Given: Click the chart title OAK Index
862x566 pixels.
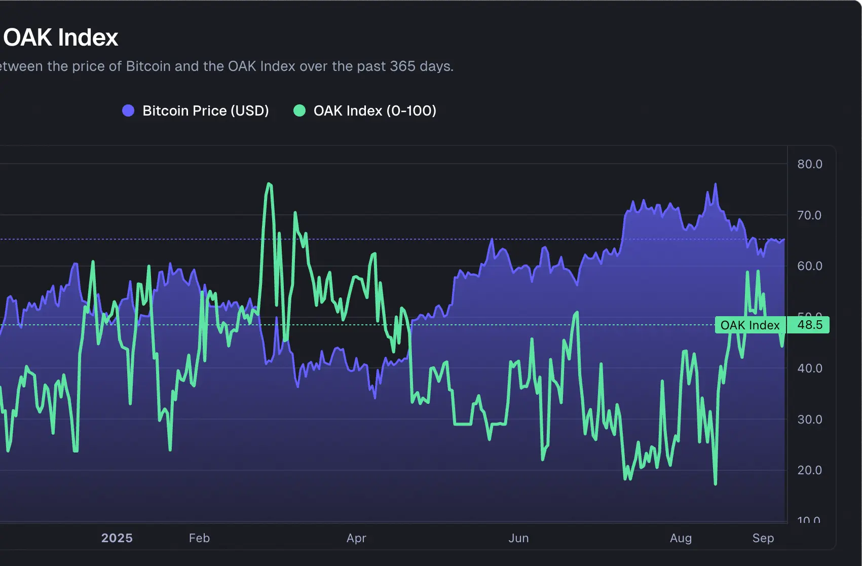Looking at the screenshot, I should click(61, 37).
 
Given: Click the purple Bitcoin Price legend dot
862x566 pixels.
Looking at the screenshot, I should click(128, 110).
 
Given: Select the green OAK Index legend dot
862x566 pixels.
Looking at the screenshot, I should click(299, 110).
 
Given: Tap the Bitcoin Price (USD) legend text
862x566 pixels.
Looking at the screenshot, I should click(205, 110).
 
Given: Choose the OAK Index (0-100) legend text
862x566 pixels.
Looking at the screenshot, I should click(374, 110).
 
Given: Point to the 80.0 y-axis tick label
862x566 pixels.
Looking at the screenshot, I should click(809, 164).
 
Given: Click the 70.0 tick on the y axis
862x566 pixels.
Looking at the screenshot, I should click(809, 215).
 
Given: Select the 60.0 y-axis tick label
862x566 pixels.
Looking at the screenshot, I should click(809, 266).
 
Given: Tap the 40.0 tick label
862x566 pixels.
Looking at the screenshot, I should click(809, 368).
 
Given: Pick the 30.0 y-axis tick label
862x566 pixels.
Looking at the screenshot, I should click(809, 420).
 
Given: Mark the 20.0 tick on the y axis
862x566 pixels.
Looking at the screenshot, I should click(809, 470).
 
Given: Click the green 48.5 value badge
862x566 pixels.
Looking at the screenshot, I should click(809, 325).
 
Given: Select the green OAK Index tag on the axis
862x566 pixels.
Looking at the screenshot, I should click(750, 325).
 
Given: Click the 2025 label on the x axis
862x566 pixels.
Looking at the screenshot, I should click(117, 538).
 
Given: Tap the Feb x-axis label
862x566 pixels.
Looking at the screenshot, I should click(199, 538).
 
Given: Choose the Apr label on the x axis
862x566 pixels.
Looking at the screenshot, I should click(356, 538).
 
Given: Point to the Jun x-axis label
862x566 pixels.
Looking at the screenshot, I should click(518, 538).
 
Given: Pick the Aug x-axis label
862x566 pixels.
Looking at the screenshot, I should click(681, 538).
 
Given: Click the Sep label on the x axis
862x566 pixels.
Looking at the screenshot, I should click(763, 538).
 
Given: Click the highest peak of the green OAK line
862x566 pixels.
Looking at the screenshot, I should click(269, 184).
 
